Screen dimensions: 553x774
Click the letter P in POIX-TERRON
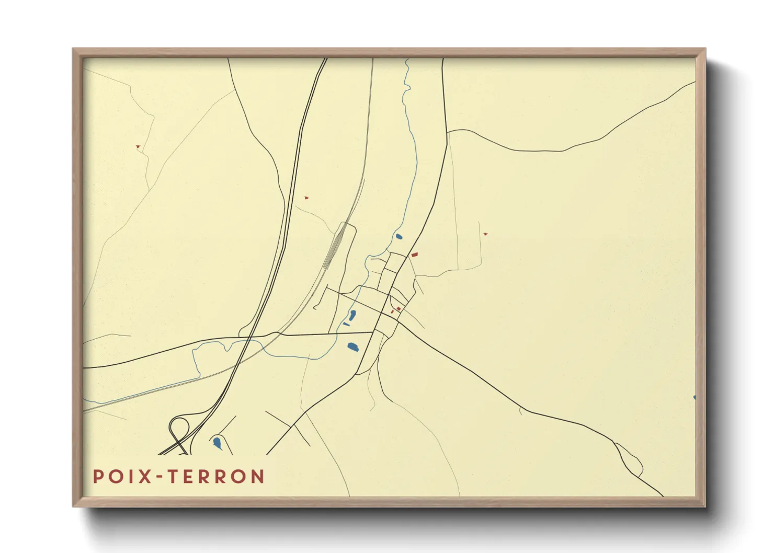coord(97,476)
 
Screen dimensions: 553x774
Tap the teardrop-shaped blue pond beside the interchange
coord(217,443)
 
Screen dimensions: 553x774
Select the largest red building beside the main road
coord(415,255)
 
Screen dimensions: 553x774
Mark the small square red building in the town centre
coord(398,308)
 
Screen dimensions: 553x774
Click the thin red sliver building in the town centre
coord(392,312)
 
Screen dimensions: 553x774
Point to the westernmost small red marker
coord(138,146)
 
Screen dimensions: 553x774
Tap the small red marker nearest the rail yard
coord(306,198)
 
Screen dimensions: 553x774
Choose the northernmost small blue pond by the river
coord(399,237)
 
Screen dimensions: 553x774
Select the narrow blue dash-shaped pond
coord(346,324)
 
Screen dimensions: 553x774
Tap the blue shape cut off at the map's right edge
coord(694,398)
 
